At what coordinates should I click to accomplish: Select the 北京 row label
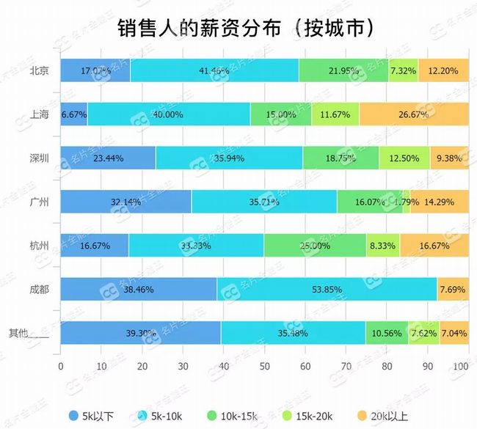[x=39, y=71]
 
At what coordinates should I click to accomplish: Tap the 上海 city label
[x=39, y=114]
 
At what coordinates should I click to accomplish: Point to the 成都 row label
[x=39, y=289]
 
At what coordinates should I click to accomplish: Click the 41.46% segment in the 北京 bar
[x=214, y=70]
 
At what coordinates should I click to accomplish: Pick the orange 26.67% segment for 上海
[x=412, y=114]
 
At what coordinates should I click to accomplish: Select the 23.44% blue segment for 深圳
[x=108, y=158]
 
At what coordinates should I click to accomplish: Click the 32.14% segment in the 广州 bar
[x=125, y=202]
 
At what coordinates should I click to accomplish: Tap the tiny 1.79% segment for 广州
[x=406, y=202]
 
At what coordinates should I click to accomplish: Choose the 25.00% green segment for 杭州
[x=314, y=246]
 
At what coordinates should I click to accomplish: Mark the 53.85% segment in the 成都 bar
[x=327, y=289]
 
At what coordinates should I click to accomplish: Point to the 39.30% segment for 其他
[x=140, y=333]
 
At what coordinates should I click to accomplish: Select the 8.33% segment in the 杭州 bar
[x=382, y=246]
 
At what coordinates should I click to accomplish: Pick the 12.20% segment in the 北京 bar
[x=442, y=70]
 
